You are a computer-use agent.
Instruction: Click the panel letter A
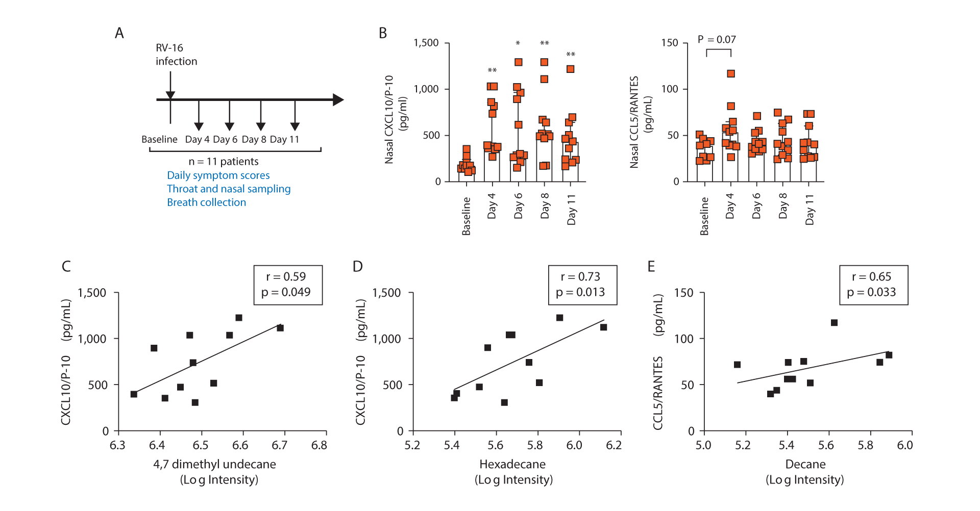pyautogui.click(x=119, y=33)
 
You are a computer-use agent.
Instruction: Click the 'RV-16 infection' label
pyautogui.click(x=176, y=55)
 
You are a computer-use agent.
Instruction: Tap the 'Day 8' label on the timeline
pyautogui.click(x=254, y=139)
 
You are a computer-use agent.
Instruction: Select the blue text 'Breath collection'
pyautogui.click(x=206, y=202)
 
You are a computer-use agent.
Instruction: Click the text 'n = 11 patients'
pyautogui.click(x=224, y=162)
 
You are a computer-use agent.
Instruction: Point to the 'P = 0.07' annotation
pyautogui.click(x=717, y=40)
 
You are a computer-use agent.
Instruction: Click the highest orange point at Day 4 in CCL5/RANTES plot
pyautogui.click(x=731, y=74)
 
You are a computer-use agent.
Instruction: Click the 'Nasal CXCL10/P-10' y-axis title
pyautogui.click(x=389, y=120)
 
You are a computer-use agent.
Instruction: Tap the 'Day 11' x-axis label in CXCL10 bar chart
pyautogui.click(x=572, y=209)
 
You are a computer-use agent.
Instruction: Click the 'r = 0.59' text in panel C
pyautogui.click(x=286, y=277)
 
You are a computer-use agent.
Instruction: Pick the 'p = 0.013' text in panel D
pyautogui.click(x=580, y=292)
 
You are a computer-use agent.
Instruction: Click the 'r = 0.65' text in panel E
pyautogui.click(x=871, y=277)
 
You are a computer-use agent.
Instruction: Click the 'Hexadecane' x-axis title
pyautogui.click(x=512, y=464)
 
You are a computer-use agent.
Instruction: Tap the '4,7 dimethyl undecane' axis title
pyautogui.click(x=214, y=464)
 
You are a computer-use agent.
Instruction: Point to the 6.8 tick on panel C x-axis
pyautogui.click(x=319, y=445)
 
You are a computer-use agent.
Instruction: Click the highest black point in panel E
pyautogui.click(x=834, y=323)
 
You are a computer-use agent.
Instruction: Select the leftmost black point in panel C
pyautogui.click(x=134, y=394)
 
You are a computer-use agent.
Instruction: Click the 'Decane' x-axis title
pyautogui.click(x=805, y=464)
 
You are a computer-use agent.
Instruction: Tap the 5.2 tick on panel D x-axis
pyautogui.click(x=412, y=445)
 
